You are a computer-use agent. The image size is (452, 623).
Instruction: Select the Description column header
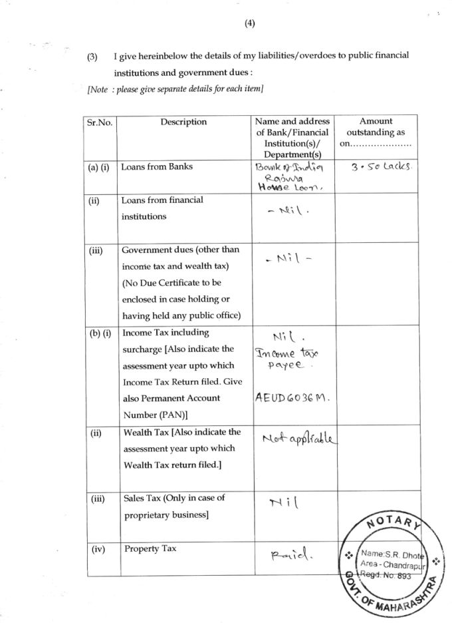coord(183,122)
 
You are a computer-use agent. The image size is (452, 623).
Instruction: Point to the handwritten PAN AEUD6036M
coord(292,398)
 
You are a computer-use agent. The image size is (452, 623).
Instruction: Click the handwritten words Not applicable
coord(300,439)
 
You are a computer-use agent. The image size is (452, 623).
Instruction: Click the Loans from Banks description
coord(157,167)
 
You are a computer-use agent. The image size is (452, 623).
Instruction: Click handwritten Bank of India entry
coord(292,167)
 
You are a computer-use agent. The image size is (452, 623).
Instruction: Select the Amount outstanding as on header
coord(376,132)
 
